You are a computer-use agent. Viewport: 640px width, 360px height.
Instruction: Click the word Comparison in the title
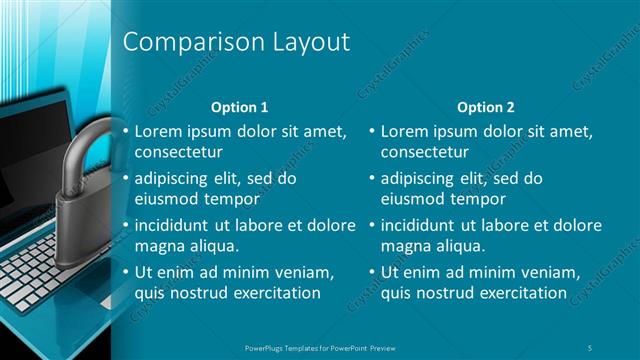[x=186, y=42]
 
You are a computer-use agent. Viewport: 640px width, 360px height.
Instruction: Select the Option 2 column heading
[x=485, y=106]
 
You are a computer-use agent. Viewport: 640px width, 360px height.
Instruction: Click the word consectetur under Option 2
[x=425, y=152]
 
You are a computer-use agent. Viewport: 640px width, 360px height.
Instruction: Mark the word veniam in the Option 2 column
[x=546, y=272]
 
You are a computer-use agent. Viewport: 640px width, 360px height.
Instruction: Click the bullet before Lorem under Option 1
[x=125, y=132]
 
